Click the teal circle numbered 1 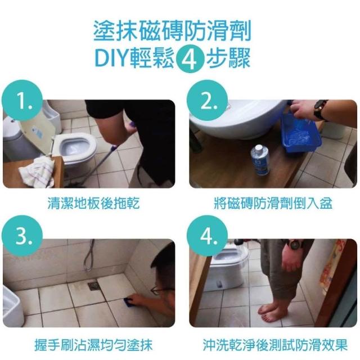[x=22, y=100]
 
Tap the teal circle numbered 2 [x=207, y=100]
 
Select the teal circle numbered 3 [x=22, y=236]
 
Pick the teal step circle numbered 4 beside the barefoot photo [x=207, y=236]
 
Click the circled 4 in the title [x=190, y=58]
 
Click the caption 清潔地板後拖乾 [x=94, y=203]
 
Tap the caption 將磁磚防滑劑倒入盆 [x=273, y=203]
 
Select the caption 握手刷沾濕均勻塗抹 [x=93, y=345]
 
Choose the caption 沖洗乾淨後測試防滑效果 [x=275, y=345]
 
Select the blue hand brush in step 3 [x=127, y=300]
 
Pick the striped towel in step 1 [x=37, y=172]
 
